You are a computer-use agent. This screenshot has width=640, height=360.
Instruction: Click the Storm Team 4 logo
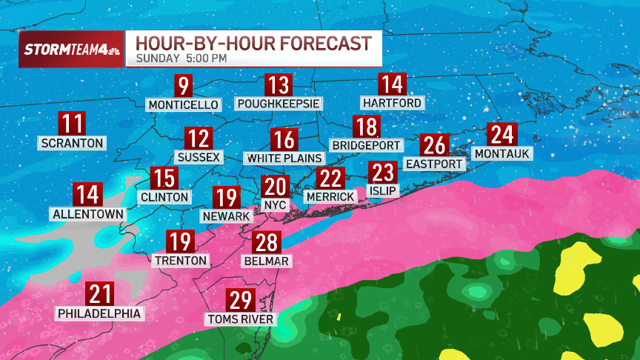[70, 49]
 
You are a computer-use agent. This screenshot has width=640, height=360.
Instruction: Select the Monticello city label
[184, 105]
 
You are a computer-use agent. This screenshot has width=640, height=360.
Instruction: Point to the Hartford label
[392, 102]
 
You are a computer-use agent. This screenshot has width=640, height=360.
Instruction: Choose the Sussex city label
[199, 157]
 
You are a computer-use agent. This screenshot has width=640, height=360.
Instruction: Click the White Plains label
[284, 158]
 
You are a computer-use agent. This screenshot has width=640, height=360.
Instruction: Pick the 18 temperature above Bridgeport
[366, 127]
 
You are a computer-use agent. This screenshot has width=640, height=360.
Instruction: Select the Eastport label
[435, 164]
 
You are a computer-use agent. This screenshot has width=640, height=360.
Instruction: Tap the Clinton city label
[164, 197]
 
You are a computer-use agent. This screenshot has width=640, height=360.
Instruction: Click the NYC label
[275, 204]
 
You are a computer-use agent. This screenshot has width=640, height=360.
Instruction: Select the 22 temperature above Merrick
[330, 179]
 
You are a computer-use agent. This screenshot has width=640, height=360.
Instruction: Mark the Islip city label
[383, 191]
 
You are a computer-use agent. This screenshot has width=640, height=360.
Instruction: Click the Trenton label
[181, 261]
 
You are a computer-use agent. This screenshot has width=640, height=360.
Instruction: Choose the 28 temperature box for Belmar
[267, 242]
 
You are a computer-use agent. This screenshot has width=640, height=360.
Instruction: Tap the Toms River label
[241, 320]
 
